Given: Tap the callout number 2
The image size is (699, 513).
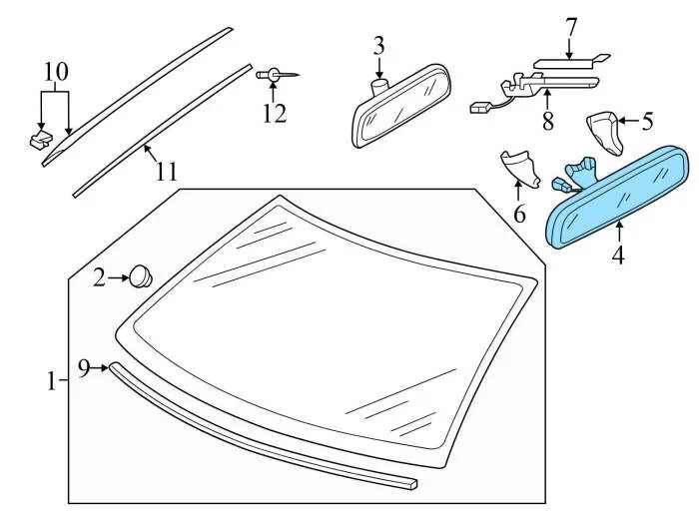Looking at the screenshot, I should coord(99,276).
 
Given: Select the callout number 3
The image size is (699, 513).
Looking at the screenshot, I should coord(378,46).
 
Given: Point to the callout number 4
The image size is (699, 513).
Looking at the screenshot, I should coord(618,256).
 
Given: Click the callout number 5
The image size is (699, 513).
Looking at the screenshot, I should coord(647,123).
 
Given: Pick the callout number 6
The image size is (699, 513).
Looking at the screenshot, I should coord(519,214).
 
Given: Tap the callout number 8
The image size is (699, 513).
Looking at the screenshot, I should coord(546,123).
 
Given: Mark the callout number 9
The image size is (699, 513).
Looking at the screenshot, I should coord(84,368).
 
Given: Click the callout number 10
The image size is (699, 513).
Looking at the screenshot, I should coord(56,72).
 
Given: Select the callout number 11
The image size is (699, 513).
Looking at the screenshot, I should coord(166,171).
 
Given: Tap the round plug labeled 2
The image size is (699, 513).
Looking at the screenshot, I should coord(142,274).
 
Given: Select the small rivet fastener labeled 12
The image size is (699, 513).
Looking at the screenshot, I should coord(276,75).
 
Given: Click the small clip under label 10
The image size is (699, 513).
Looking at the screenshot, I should coord(41,139).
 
